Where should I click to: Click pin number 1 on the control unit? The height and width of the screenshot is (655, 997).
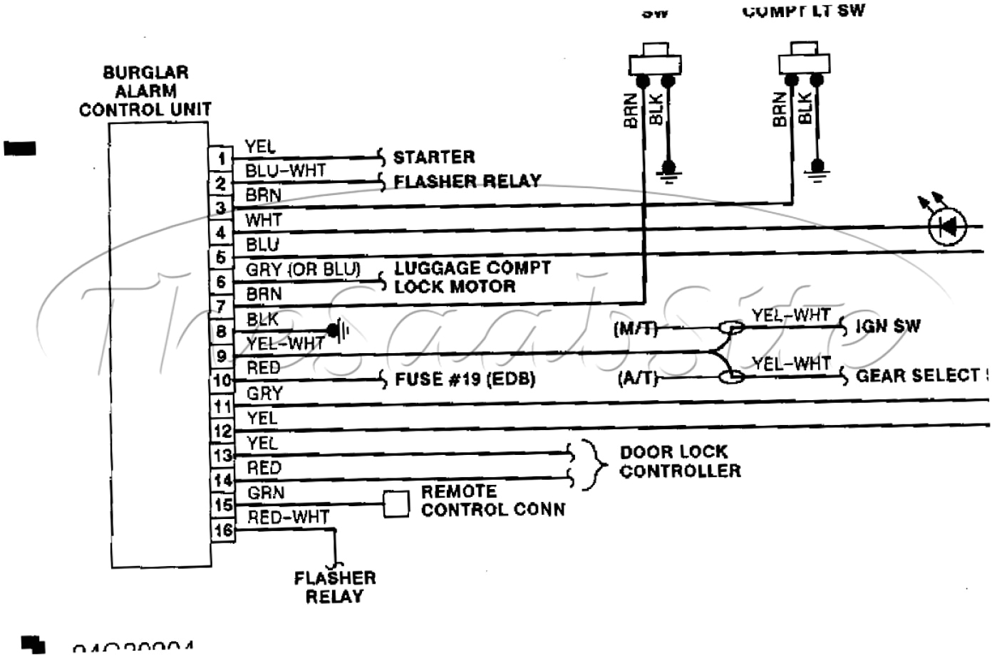click(x=222, y=159)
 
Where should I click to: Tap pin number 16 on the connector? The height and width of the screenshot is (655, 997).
click(x=222, y=530)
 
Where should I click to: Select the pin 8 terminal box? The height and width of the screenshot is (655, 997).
click(x=222, y=332)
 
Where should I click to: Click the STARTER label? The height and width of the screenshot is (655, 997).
click(x=433, y=157)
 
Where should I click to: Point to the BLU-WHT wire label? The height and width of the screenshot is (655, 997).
click(x=285, y=171)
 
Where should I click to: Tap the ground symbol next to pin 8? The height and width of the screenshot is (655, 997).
click(x=338, y=331)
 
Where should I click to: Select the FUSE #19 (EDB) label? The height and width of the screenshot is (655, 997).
click(x=465, y=379)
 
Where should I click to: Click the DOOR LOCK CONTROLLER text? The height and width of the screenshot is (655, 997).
click(x=679, y=461)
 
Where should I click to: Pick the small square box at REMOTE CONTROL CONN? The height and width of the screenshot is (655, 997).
click(x=396, y=504)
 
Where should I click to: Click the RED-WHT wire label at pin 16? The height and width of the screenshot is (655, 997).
click(x=288, y=518)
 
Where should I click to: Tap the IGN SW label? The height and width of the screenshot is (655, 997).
click(x=887, y=327)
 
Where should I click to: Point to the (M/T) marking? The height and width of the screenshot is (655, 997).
click(x=634, y=329)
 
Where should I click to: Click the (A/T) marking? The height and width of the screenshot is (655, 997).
click(x=636, y=379)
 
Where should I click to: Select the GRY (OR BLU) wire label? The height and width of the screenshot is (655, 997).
click(x=303, y=270)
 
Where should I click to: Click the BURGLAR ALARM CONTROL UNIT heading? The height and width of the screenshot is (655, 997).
click(x=145, y=91)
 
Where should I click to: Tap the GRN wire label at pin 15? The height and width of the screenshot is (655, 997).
click(x=266, y=493)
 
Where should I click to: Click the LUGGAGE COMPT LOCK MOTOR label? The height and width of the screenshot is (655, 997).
click(x=472, y=278)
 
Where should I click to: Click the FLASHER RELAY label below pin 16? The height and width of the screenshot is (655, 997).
click(x=334, y=587)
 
